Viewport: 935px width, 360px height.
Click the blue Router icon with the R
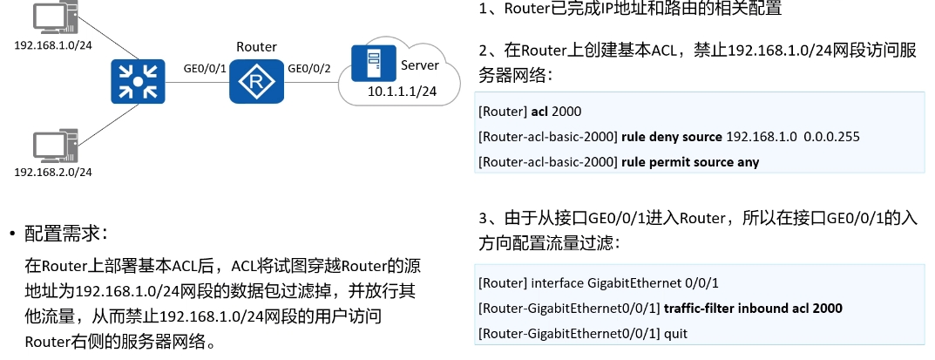pos(256,83)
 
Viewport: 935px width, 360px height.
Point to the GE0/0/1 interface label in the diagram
pos(205,68)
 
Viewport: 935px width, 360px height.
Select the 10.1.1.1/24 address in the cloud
pos(402,91)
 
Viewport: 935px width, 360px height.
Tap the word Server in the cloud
pos(420,65)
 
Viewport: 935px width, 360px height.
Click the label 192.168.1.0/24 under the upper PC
pos(53,44)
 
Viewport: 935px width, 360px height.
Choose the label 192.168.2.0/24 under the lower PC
pos(53,172)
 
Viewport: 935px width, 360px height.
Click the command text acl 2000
pos(556,112)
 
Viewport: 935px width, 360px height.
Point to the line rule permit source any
pos(688,161)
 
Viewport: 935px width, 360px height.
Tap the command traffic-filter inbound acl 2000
pos(753,309)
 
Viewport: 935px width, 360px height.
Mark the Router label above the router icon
pos(256,46)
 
